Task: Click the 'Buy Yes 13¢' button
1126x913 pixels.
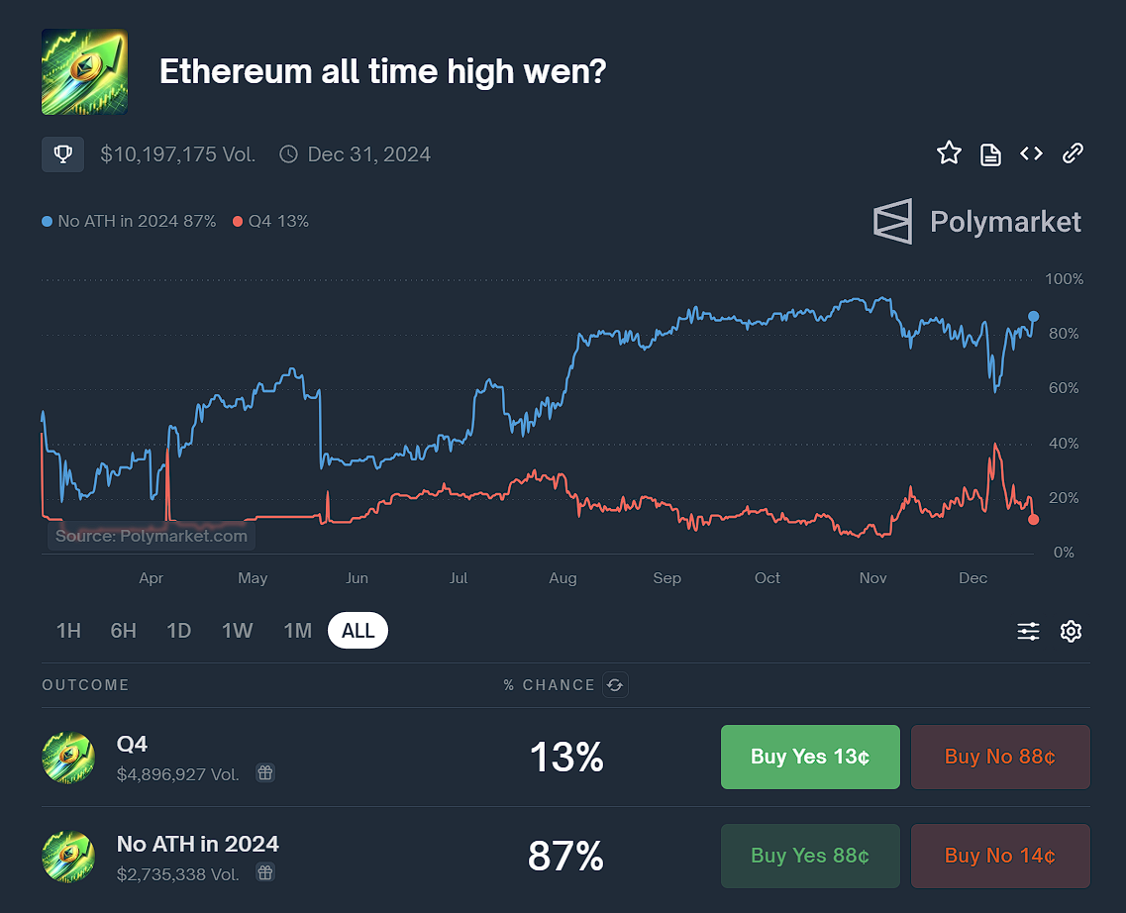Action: pyautogui.click(x=810, y=757)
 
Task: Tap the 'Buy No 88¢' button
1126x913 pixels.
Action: pyautogui.click(x=999, y=757)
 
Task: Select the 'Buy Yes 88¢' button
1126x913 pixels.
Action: pyautogui.click(x=810, y=856)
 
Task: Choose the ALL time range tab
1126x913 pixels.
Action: pyautogui.click(x=358, y=631)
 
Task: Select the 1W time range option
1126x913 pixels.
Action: pyautogui.click(x=238, y=631)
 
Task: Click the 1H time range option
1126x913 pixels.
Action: pyautogui.click(x=68, y=631)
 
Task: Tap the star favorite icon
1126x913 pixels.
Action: pyautogui.click(x=949, y=153)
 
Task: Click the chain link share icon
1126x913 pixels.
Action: pyautogui.click(x=1073, y=153)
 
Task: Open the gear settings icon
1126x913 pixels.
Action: pyautogui.click(x=1071, y=631)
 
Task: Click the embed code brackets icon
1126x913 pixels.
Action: pyautogui.click(x=1031, y=153)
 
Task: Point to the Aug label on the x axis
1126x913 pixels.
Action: pyautogui.click(x=563, y=578)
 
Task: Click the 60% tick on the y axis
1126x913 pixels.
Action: pyautogui.click(x=1064, y=388)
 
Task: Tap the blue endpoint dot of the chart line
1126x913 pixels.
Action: pyautogui.click(x=1034, y=316)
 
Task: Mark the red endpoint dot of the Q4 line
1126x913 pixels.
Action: pyautogui.click(x=1034, y=519)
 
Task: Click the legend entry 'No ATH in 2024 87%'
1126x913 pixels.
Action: pyautogui.click(x=130, y=222)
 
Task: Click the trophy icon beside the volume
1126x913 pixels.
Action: pyautogui.click(x=62, y=154)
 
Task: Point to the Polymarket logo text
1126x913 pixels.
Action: pyautogui.click(x=1005, y=222)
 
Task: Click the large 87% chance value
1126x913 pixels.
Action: pyautogui.click(x=565, y=856)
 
